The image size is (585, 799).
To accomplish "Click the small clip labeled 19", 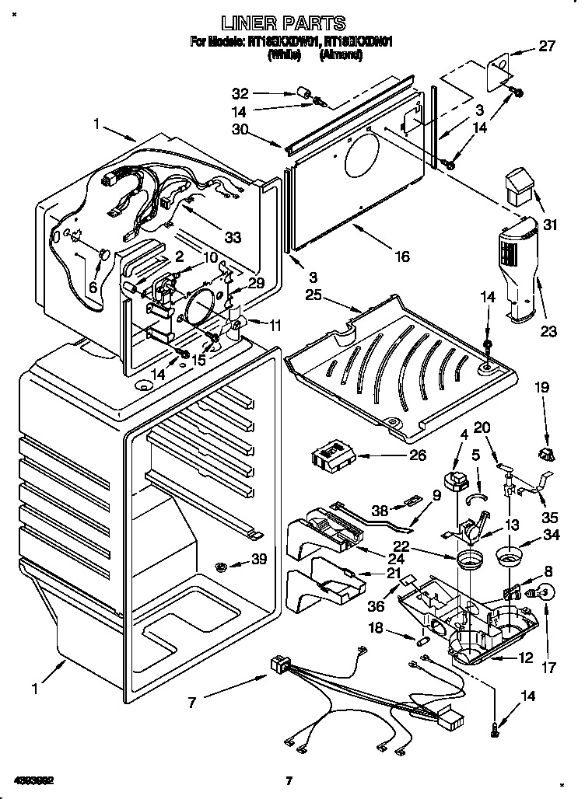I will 545,452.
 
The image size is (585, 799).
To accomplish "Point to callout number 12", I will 526,658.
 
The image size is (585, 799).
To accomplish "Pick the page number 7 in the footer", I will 288,780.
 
